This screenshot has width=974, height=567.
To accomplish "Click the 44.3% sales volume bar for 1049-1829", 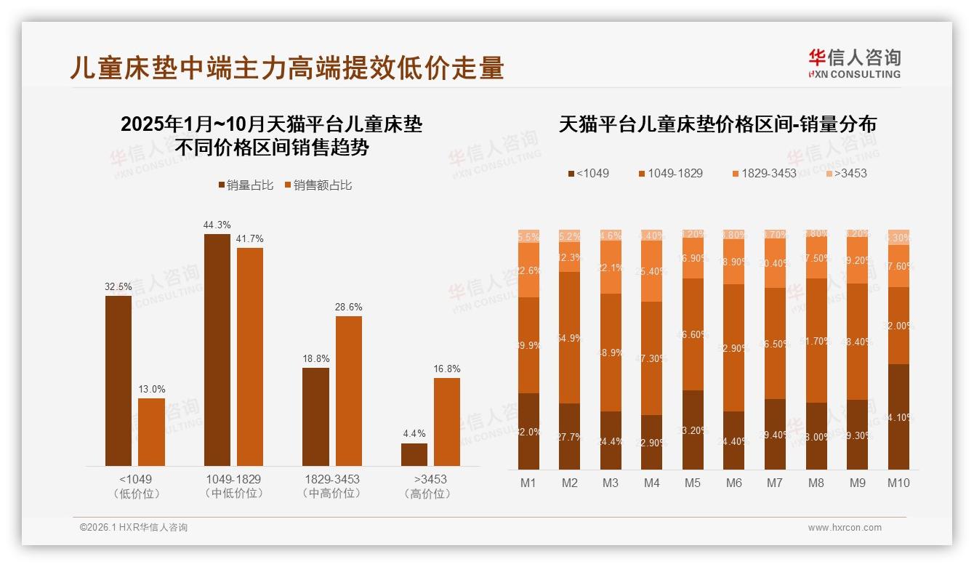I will click(217, 350).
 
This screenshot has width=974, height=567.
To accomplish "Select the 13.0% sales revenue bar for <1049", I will click(151, 432).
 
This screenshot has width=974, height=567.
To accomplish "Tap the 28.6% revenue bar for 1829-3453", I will click(348, 391).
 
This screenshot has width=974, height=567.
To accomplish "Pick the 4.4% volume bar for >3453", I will click(414, 454).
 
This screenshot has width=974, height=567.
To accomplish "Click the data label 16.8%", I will click(446, 369).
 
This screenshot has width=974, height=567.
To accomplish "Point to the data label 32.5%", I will click(118, 286).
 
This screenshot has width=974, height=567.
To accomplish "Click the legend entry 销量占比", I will click(246, 185).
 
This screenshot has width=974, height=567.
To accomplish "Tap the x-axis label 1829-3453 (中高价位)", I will click(332, 486).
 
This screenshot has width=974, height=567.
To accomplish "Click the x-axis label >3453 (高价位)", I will click(430, 486).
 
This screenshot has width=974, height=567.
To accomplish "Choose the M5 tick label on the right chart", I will click(693, 483).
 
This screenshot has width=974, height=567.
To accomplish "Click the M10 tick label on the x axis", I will click(898, 483).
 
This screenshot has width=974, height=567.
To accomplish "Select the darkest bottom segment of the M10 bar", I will click(898, 417).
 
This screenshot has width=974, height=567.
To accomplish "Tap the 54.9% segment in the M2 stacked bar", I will click(570, 337).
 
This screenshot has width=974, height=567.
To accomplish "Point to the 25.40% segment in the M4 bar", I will click(652, 270).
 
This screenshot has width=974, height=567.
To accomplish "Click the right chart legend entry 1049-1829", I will click(670, 173).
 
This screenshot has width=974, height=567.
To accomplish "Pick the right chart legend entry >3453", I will click(846, 173).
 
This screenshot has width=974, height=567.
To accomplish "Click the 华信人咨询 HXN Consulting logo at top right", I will click(854, 63).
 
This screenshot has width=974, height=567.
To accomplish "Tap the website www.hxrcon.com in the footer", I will click(845, 528).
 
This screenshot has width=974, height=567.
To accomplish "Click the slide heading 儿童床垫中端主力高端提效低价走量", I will click(287, 68).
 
